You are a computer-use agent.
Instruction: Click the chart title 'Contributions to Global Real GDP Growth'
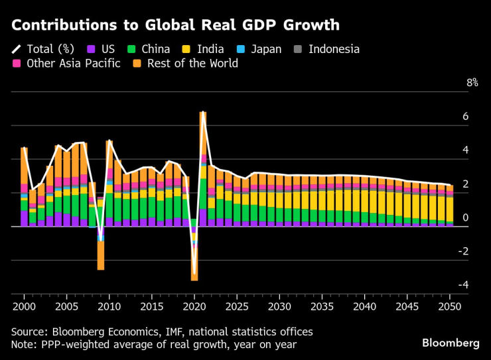(175, 25)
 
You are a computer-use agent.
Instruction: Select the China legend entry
(149, 49)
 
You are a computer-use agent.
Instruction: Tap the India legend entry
(203, 49)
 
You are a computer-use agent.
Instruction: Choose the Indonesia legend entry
(326, 49)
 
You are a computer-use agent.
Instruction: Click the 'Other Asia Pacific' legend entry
(66, 64)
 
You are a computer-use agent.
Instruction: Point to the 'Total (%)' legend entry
(44, 49)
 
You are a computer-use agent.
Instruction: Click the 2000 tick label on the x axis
(24, 307)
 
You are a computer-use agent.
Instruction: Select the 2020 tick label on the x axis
(194, 307)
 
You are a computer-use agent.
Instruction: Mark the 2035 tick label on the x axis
(321, 307)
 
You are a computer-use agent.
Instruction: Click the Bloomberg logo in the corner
(451, 343)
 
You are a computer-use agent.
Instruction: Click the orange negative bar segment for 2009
(101, 255)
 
